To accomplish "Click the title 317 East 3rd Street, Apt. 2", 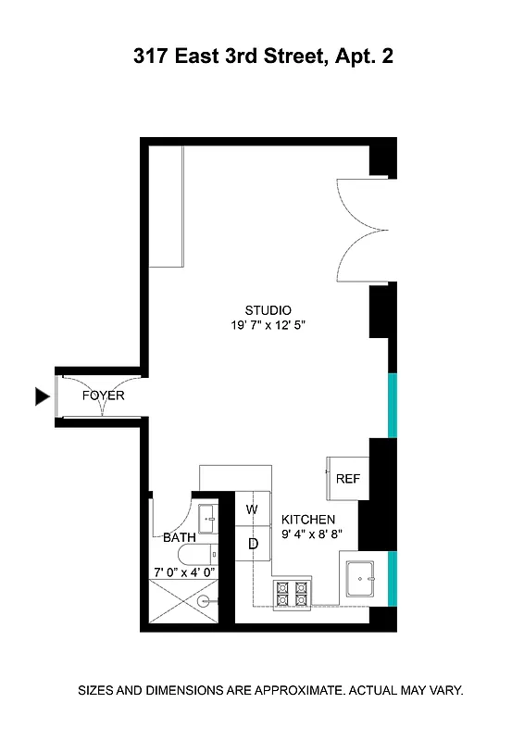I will tap(263, 57).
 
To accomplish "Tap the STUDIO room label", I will tap(268, 310).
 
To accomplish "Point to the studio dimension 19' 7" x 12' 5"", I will tap(268, 326).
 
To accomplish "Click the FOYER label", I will tap(103, 396).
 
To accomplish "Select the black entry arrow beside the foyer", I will tap(41, 396).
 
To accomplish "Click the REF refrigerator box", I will tap(348, 478).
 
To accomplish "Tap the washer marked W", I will tap(252, 509).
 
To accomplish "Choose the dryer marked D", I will tap(252, 544).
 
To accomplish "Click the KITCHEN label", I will tap(308, 520).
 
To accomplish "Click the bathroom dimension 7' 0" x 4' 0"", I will tap(183, 572).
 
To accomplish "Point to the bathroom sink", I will tap(206, 520).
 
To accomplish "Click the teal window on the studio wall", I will tap(392, 405).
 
